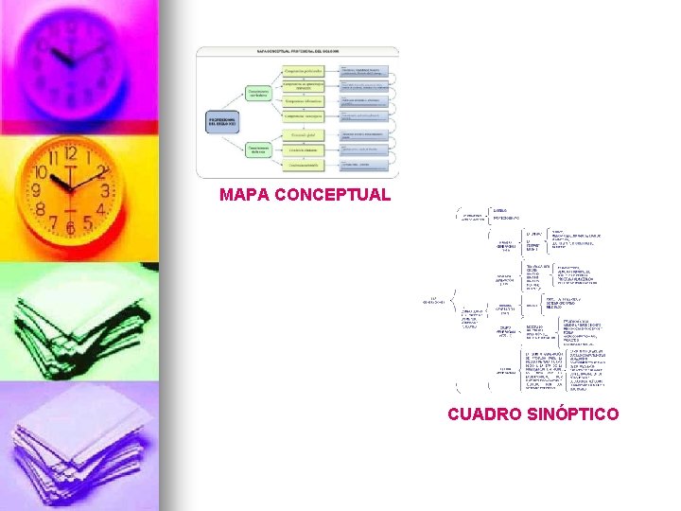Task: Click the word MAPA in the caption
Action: tap(242, 195)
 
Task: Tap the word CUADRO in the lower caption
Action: tap(480, 414)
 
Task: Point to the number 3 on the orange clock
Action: tap(105, 190)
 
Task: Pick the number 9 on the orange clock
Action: tap(36, 192)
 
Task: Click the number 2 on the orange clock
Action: tap(100, 171)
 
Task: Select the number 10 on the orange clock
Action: tap(40, 173)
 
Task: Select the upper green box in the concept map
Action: tap(259, 93)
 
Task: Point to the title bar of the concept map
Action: tap(297, 51)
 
